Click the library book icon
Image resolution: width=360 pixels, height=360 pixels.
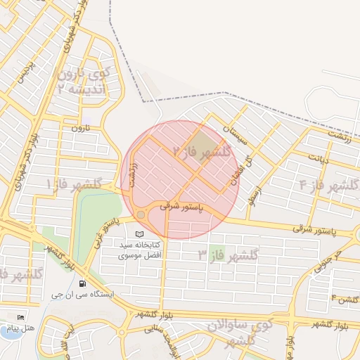click(x=139, y=233)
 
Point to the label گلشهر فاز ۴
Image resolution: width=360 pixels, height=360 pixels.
click(x=328, y=186)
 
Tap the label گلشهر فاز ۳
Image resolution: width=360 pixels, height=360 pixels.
click(x=229, y=255)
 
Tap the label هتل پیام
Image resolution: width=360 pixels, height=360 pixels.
click(x=16, y=328)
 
